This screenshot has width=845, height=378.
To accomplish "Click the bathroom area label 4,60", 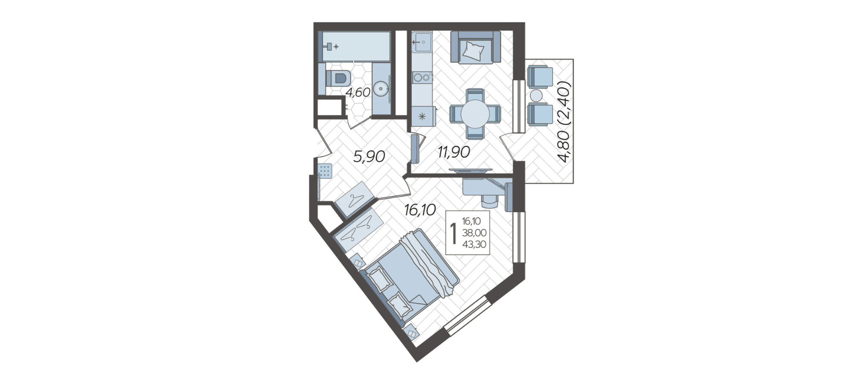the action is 358,93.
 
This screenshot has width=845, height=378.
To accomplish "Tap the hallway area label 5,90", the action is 369,157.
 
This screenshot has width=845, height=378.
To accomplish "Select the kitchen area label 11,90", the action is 454,151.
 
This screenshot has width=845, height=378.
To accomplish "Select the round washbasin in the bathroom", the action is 381,89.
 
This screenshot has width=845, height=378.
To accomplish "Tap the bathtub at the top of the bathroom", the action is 356,46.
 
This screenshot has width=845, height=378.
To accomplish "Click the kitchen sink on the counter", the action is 422,42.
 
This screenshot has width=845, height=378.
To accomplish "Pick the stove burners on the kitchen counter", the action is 422,77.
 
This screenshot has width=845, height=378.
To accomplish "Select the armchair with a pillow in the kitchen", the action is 475,47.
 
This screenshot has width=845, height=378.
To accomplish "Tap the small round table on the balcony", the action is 536,95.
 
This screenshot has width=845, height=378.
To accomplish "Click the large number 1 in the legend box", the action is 453,233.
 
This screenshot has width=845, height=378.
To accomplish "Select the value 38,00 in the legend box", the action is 474,233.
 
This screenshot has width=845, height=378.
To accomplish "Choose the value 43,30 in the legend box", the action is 474,244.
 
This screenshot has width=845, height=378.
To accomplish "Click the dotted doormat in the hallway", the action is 325,171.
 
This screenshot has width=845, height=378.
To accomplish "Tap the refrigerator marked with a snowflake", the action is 422,116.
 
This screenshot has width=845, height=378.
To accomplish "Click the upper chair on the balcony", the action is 540,77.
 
